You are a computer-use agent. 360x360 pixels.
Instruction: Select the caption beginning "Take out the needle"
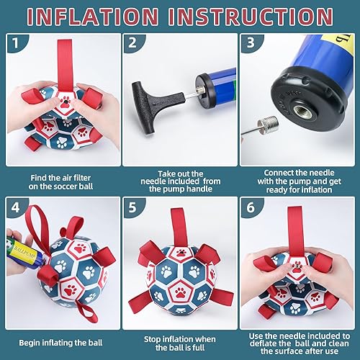point(179,180)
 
